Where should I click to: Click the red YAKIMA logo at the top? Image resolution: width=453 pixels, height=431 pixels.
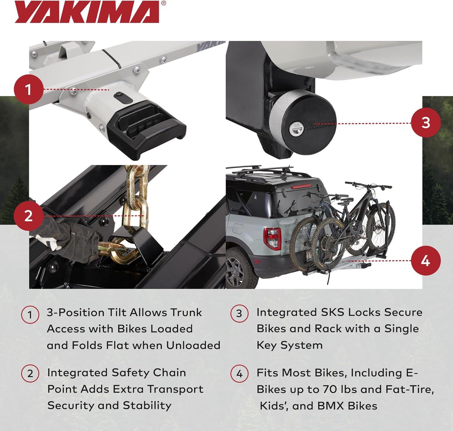tap(87, 12)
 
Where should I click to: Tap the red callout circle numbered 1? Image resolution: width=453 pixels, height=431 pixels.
tap(29, 89)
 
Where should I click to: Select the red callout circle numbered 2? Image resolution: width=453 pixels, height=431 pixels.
tap(29, 216)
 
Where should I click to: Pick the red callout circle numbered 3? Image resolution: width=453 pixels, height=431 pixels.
tap(426, 122)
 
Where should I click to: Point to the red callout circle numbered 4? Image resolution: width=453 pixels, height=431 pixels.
tap(426, 261)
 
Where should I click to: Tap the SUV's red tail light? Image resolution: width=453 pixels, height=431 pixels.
tap(272, 238)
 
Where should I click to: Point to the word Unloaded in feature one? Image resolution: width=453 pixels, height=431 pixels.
tap(193, 345)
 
